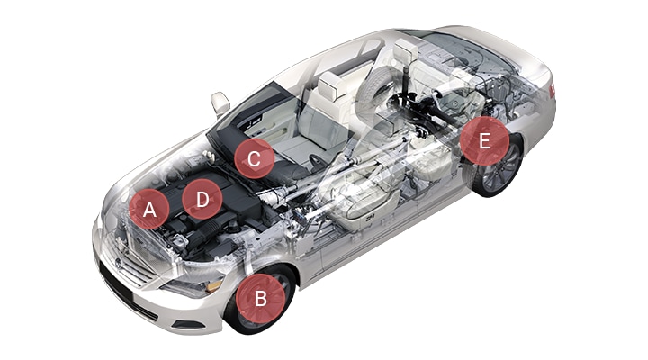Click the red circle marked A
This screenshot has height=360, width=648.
149,209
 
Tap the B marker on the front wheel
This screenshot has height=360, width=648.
260,298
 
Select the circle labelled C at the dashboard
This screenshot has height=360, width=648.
254,158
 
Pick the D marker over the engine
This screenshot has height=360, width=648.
202,199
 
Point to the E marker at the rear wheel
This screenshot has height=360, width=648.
484,141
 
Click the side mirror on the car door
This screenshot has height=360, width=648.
220,103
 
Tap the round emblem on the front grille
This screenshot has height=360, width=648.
119,264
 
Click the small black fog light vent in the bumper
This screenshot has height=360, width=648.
186,325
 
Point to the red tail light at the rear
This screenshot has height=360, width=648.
552,90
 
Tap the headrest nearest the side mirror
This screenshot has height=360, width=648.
331,85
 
